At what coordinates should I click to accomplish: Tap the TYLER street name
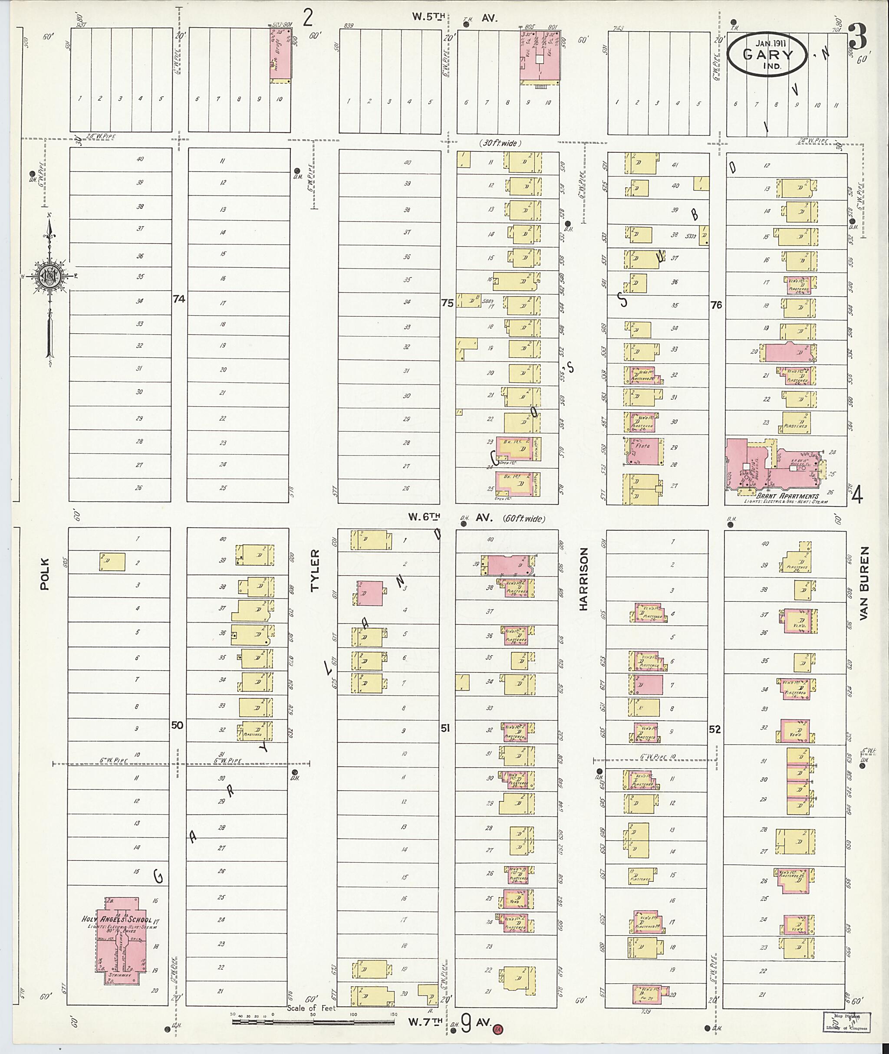[x=315, y=578]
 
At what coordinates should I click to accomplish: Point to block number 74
[x=178, y=299]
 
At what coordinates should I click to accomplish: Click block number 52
[x=714, y=729]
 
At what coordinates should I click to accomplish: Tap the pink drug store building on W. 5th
[x=280, y=53]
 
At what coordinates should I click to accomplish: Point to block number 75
[x=447, y=303]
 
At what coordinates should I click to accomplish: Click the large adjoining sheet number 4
[x=857, y=497]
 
